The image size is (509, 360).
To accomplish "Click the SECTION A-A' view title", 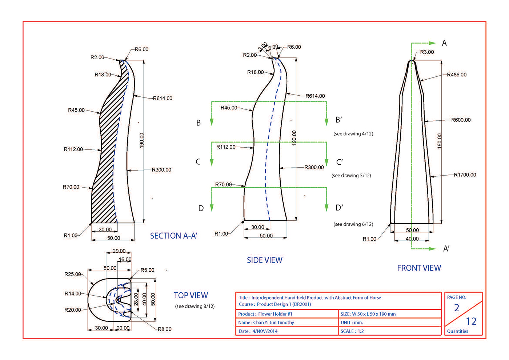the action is click(174, 236).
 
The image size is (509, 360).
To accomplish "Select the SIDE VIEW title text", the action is click(265, 260).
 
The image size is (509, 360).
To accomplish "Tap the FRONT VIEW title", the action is click(419, 268).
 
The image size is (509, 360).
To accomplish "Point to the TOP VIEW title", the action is click(191, 295).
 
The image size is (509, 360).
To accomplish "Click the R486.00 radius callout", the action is click(457, 75).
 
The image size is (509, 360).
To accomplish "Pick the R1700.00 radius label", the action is click(465, 175).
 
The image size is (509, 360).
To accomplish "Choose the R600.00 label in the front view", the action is click(461, 120).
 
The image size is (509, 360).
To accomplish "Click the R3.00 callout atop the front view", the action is click(427, 52).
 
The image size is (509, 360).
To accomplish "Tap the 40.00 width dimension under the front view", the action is click(412, 239).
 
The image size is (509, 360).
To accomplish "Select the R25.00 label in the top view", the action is click(73, 274).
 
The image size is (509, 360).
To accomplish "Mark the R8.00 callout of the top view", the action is click(164, 329).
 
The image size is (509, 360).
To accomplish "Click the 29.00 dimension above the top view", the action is click(119, 251).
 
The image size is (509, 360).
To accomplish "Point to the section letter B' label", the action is click(339, 120).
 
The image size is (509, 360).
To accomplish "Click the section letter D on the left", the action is click(201, 208).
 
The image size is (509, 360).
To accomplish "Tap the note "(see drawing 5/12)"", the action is click(351, 175).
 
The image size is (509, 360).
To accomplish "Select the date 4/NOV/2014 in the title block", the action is click(265, 331).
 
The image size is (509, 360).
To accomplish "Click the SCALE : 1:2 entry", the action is click(352, 331).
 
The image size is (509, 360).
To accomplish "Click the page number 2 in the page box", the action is click(457, 308).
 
